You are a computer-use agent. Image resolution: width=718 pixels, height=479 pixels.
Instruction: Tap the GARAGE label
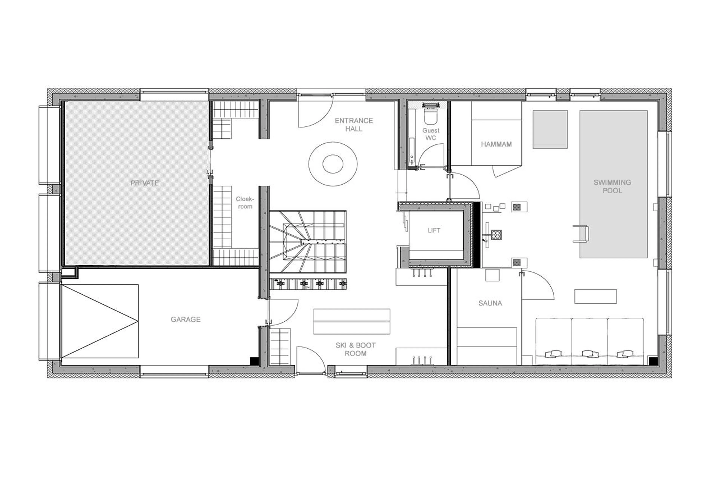coord(185,319)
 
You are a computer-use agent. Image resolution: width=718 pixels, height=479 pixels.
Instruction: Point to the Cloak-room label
coord(245,203)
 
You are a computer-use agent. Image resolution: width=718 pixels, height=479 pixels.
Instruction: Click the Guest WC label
coord(431,134)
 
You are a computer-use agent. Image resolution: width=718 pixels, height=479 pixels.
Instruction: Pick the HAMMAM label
coord(496,144)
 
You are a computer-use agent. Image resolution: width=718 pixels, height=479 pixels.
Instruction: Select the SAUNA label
coord(490,303)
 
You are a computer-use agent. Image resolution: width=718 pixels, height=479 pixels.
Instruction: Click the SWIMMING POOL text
coord(612,186)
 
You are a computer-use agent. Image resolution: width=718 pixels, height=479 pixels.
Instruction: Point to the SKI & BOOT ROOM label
coord(355,349)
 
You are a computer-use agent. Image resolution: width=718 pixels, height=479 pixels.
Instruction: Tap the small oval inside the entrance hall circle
coord(333,164)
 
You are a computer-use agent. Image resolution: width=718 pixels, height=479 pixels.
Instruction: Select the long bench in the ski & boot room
coord(352,321)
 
